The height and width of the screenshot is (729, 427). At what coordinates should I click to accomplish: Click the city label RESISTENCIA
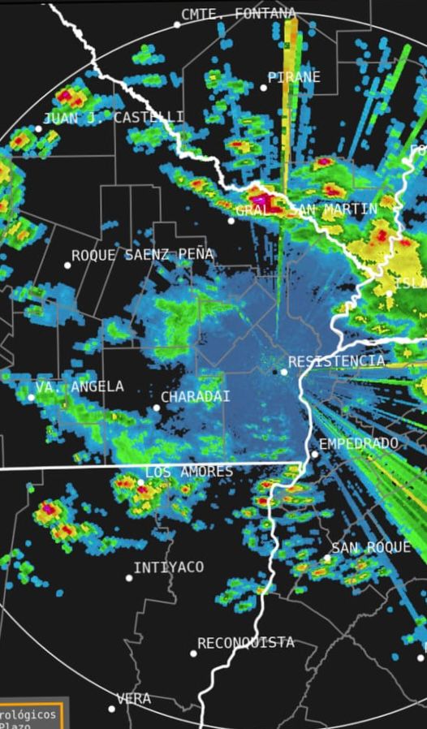click(336, 360)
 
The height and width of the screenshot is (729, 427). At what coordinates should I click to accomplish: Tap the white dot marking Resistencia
click(284, 372)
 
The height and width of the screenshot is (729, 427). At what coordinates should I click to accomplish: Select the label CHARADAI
click(195, 397)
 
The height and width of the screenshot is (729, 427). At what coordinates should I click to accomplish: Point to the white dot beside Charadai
click(157, 408)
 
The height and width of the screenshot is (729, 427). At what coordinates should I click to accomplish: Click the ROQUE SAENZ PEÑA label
click(142, 255)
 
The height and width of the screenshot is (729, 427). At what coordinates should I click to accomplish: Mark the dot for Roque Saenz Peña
click(67, 265)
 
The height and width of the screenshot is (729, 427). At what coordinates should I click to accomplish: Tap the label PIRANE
click(294, 77)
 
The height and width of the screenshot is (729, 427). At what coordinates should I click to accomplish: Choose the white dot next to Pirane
click(263, 88)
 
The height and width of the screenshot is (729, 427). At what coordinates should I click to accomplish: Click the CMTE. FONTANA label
click(239, 14)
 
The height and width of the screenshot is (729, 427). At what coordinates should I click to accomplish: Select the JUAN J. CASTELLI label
click(113, 118)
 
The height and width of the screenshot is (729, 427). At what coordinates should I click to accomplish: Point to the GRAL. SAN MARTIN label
click(306, 209)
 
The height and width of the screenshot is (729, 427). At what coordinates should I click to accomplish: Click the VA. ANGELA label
click(80, 386)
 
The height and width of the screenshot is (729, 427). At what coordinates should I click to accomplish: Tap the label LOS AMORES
click(188, 472)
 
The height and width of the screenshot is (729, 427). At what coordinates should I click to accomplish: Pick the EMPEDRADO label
click(359, 443)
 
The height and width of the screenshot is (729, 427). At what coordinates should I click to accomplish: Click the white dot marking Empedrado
click(315, 454)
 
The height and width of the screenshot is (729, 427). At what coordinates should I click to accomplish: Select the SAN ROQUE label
click(371, 548)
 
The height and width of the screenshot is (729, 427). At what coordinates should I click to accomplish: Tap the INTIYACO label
click(168, 567)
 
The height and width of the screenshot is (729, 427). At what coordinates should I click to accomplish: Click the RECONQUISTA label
click(245, 642)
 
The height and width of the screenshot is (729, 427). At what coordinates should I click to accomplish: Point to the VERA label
click(133, 698)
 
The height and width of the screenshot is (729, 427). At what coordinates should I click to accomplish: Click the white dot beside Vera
click(112, 709)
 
